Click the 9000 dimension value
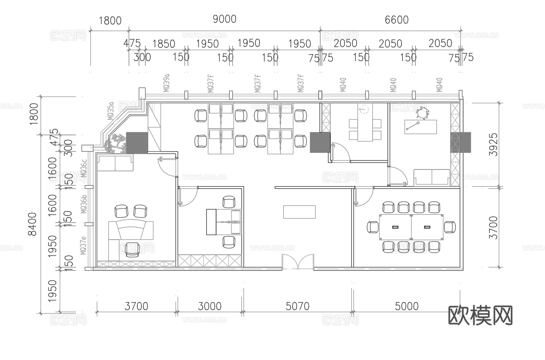coord(224,19)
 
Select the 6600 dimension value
coord(397,20)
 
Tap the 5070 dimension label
coord(297,306)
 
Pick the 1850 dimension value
coord(163,44)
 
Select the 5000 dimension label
coord(407,306)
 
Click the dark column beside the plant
coord(137,142)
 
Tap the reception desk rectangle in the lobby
coord(300,212)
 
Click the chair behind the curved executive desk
coord(132,249)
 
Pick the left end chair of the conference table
coord(373,227)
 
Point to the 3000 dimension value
coord(209,306)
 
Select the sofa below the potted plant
coord(115,163)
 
